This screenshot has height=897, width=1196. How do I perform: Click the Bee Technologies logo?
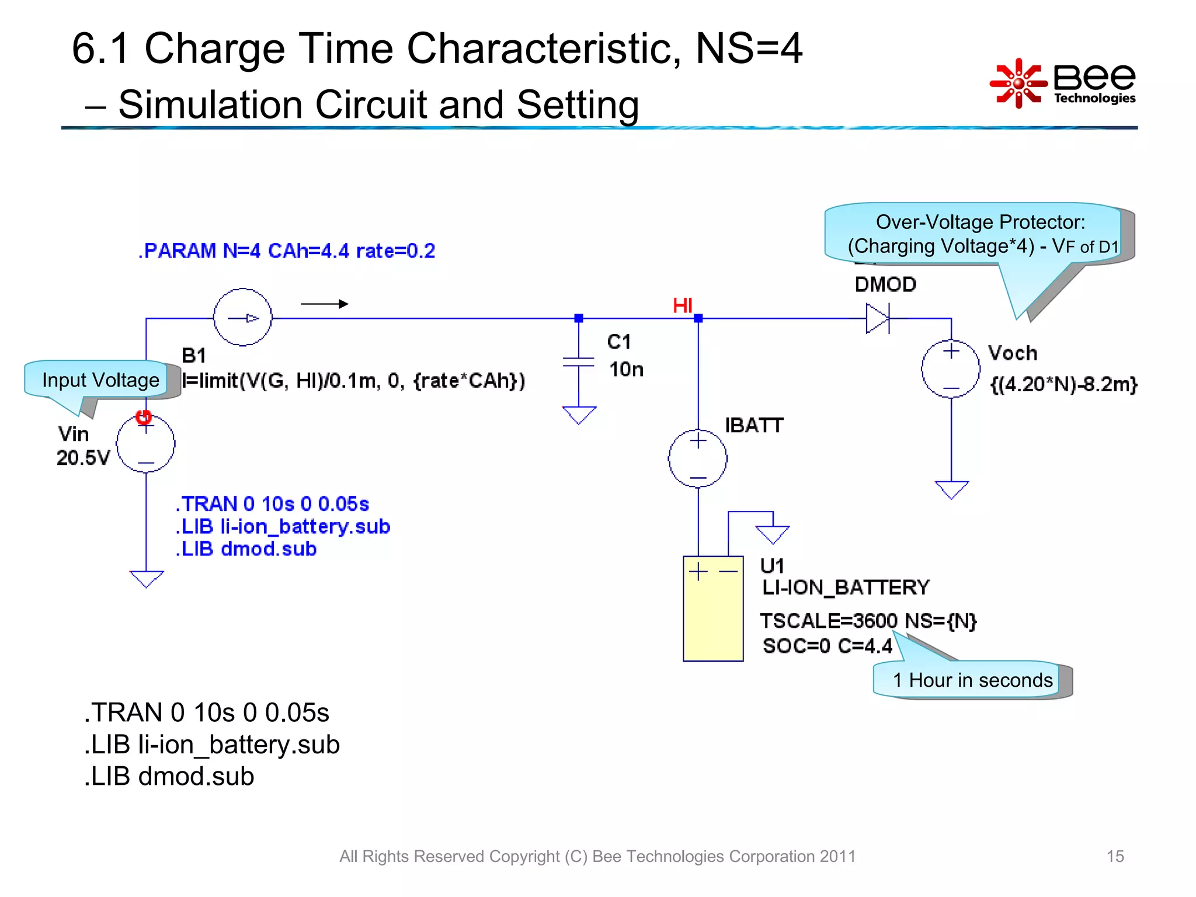pyautogui.click(x=1063, y=84)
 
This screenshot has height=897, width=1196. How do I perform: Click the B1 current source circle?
pyautogui.click(x=242, y=318)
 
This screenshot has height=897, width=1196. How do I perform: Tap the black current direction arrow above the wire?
pyautogui.click(x=325, y=304)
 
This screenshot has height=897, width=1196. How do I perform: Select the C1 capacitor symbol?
pyautogui.click(x=578, y=362)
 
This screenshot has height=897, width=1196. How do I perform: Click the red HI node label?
pyautogui.click(x=682, y=305)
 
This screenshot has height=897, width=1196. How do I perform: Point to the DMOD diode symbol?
pyautogui.click(x=878, y=318)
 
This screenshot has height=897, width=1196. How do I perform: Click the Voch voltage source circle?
pyautogui.click(x=951, y=369)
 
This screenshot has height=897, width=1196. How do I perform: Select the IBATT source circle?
pyautogui.click(x=698, y=458)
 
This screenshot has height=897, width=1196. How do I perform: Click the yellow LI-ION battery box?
pyautogui.click(x=713, y=609)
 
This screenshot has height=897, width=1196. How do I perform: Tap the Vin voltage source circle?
pyautogui.click(x=145, y=444)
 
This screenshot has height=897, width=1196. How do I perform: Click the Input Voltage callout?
pyautogui.click(x=100, y=380)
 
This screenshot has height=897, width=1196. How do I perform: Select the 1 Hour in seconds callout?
pyautogui.click(x=972, y=680)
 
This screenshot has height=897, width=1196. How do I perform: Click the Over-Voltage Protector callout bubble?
pyautogui.click(x=979, y=234)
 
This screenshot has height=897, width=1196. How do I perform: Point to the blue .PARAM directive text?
pyautogui.click(x=287, y=251)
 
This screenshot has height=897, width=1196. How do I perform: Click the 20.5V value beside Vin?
pyautogui.click(x=83, y=457)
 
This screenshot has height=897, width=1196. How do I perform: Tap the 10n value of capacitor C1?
pyautogui.click(x=626, y=370)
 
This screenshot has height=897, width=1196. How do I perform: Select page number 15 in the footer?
pyautogui.click(x=1115, y=856)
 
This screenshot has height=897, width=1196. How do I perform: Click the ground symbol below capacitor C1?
pyautogui.click(x=579, y=415)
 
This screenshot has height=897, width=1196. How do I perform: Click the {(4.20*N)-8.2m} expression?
pyautogui.click(x=1063, y=384)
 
